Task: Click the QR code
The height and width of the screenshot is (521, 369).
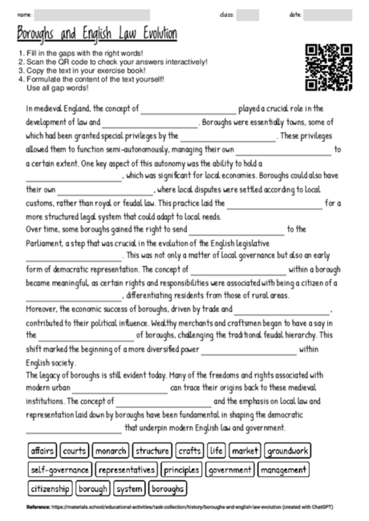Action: [329, 67]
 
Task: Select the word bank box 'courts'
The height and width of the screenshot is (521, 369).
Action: [75, 450]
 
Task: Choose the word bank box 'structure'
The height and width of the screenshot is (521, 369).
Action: [152, 450]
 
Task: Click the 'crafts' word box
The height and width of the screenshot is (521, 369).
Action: [190, 450]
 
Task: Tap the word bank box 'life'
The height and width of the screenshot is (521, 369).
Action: [216, 450]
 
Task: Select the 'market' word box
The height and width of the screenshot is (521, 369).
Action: [245, 450]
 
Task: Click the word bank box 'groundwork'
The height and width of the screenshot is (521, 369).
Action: [287, 450]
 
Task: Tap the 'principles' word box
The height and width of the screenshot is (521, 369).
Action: [182, 470]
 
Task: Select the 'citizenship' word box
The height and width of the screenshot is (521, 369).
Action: [51, 488]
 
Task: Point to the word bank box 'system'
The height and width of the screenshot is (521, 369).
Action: [129, 488]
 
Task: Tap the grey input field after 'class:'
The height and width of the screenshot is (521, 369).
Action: [248, 14]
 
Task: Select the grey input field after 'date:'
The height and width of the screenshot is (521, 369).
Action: [328, 14]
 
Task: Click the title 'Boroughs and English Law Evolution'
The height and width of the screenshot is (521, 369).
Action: [97, 34]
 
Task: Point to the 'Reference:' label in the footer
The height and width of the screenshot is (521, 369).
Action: [38, 508]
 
